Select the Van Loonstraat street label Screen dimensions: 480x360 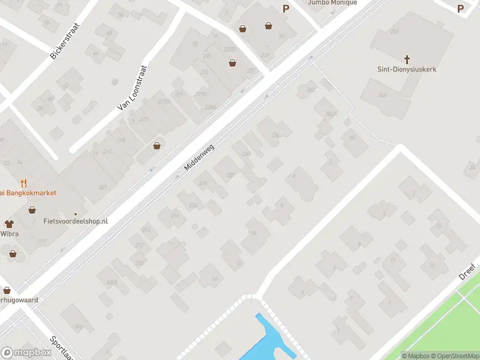click(x=133, y=88)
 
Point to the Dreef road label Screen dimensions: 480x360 click(x=467, y=271)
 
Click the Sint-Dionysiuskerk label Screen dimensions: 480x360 click(x=407, y=70)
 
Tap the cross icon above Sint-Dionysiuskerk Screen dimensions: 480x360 click(x=407, y=59)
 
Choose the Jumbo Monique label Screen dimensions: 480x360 click(x=332, y=2)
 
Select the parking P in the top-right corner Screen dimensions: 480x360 click(x=460, y=8)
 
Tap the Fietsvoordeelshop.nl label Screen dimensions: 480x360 click(x=76, y=221)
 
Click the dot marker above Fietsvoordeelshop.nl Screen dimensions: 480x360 click(x=76, y=214)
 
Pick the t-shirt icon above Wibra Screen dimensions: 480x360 click(x=8, y=223)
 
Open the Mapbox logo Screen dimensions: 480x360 click(x=26, y=353)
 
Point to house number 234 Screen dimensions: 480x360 click(x=275, y=136)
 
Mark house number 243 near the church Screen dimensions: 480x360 click(x=382, y=95)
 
